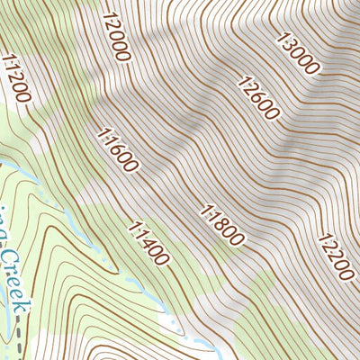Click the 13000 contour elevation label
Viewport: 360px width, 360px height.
click(299, 53)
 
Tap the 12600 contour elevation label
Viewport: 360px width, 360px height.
click(259, 98)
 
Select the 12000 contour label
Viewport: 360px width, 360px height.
click(117, 36)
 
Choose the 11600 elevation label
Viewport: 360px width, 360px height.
click(117, 150)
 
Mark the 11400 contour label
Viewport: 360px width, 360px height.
click(148, 243)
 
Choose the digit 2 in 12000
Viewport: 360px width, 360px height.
click(112, 25)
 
